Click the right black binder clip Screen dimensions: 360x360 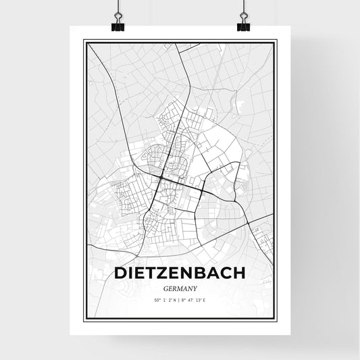[x=243, y=25]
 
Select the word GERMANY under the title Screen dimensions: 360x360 [x=180, y=287]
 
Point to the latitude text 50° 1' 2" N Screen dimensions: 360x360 [x=163, y=298]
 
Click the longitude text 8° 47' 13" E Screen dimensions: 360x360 [x=197, y=298]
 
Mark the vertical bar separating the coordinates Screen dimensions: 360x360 [x=179, y=298]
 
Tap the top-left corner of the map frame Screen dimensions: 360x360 [x=84, y=40]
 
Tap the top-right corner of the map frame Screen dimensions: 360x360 [x=276, y=40]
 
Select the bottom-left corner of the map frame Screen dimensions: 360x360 [x=84, y=317]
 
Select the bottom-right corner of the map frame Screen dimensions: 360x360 [x=276, y=317]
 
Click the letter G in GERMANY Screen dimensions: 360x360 [x=165, y=287]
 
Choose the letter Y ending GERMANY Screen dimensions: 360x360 [x=195, y=287]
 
